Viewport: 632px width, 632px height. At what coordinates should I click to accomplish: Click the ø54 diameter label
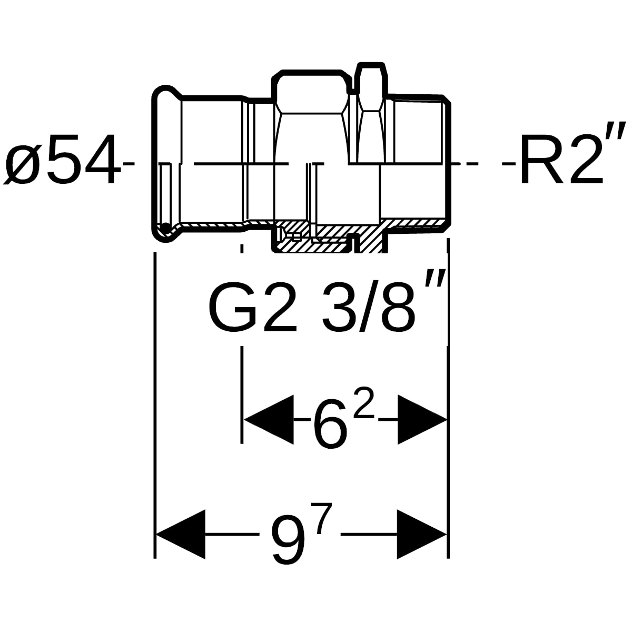(62, 160)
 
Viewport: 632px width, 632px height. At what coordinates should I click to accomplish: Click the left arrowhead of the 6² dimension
(269, 419)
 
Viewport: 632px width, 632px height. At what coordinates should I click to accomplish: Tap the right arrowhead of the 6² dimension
(422, 419)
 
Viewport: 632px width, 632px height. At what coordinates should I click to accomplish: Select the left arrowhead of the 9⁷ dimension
(181, 534)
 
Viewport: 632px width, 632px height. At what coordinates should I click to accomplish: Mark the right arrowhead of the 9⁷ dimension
(422, 534)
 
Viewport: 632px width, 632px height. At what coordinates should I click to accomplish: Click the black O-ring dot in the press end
(165, 228)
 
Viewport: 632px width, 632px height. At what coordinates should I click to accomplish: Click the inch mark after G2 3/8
(435, 280)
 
